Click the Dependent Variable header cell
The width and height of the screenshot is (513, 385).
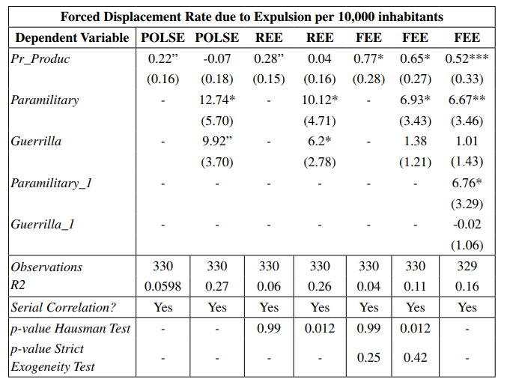click(72, 37)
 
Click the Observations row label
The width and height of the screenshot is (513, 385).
click(46, 267)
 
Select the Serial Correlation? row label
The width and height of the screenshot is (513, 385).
click(64, 307)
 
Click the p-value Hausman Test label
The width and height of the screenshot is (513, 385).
click(70, 328)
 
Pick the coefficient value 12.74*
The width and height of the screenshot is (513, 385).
click(217, 100)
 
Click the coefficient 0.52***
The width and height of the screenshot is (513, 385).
click(467, 58)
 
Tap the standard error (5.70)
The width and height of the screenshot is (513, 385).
click(217, 121)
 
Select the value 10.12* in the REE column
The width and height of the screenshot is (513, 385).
click(320, 100)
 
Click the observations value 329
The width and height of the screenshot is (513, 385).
click(467, 267)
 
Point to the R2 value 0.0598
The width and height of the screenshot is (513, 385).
click(164, 286)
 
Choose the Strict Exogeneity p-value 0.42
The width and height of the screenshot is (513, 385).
click(416, 358)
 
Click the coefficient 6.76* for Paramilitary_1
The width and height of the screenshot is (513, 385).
click(467, 183)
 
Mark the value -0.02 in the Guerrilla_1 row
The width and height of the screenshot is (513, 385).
click(467, 224)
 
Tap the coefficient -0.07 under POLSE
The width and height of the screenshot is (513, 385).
click(217, 58)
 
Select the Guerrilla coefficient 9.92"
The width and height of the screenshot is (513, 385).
click(217, 141)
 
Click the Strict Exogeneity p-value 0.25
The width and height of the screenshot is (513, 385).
click(369, 358)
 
